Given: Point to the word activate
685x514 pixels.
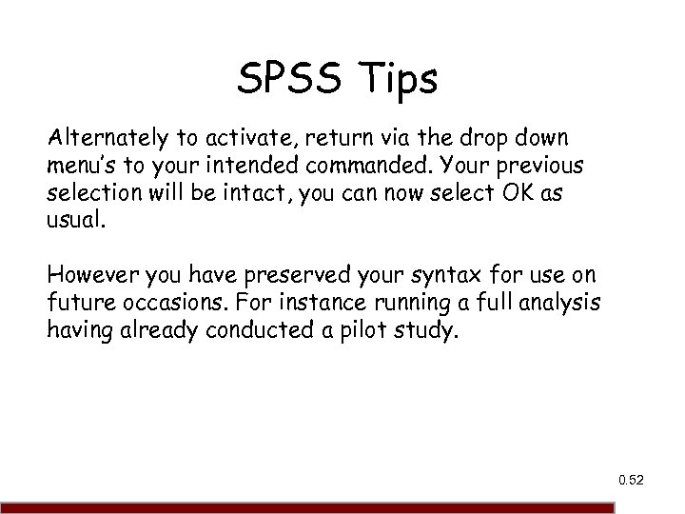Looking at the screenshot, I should (x=238, y=141).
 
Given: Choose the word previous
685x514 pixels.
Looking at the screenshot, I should (x=534, y=166).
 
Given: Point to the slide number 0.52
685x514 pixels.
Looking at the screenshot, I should (x=630, y=481).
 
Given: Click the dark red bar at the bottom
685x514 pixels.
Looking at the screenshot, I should (x=342, y=508).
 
